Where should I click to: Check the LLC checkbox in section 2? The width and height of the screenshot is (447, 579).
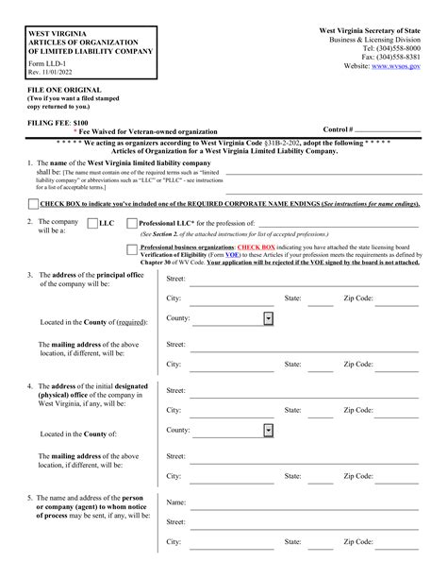click(92, 224)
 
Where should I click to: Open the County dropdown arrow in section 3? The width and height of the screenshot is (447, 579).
click(269, 319)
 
